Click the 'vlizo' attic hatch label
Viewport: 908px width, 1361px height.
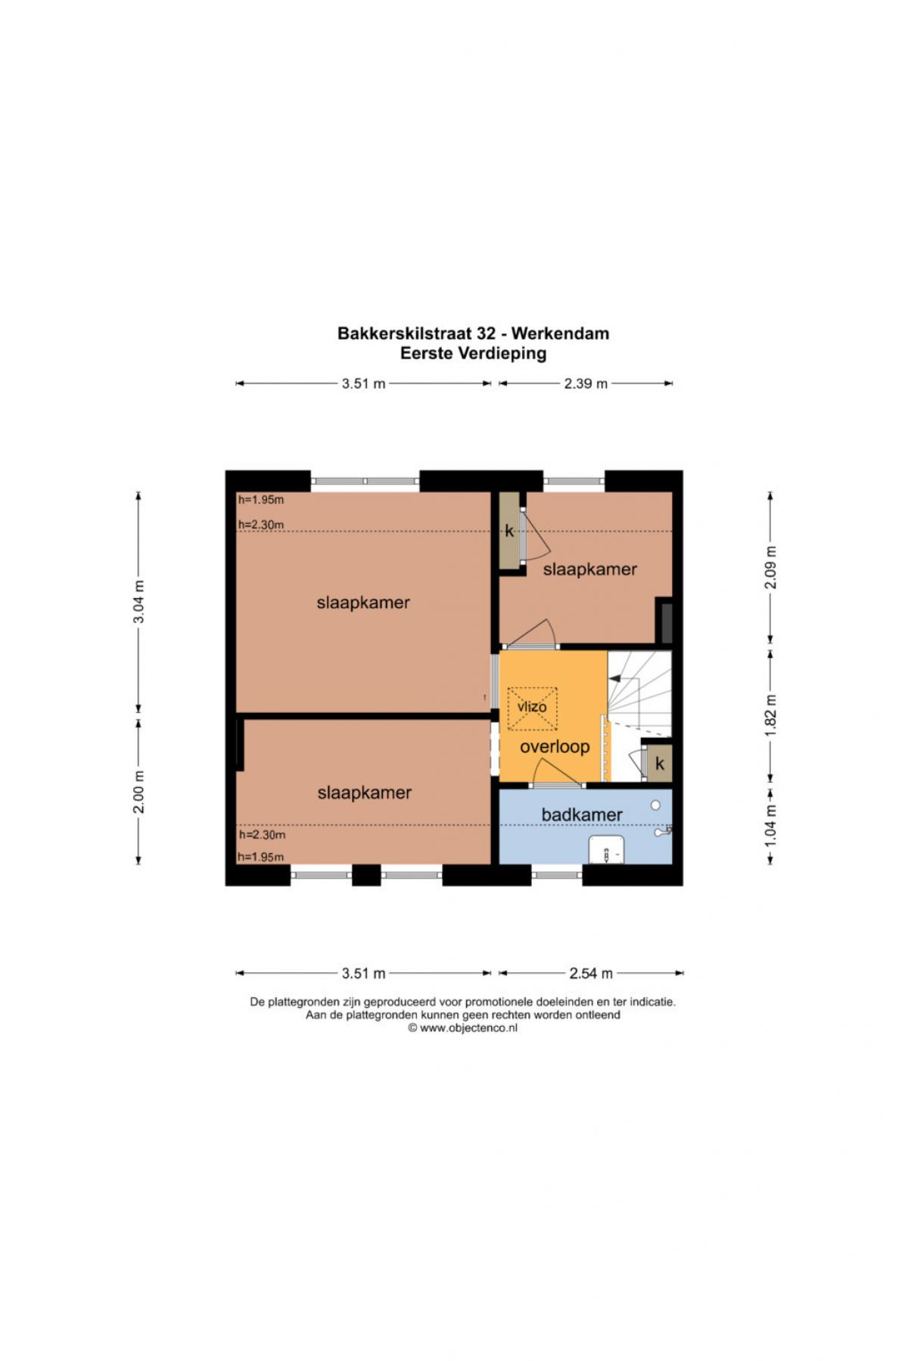click(x=532, y=707)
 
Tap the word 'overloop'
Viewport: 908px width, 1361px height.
click(x=555, y=747)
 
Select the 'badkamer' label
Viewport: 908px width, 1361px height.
click(x=582, y=814)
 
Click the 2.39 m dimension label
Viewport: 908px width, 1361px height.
click(x=586, y=383)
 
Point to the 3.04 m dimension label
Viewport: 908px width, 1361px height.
click(x=138, y=603)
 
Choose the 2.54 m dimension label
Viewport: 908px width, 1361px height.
click(x=591, y=973)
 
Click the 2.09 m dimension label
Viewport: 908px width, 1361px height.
click(x=770, y=567)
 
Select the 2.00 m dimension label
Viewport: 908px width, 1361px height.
click(x=138, y=792)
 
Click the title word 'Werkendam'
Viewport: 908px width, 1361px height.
click(x=561, y=333)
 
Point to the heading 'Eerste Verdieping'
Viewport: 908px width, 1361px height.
click(x=473, y=353)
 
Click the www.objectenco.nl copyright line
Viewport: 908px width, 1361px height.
click(x=463, y=1028)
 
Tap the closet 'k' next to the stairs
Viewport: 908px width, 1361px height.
click(x=660, y=764)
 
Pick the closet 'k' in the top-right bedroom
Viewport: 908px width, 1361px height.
click(x=509, y=530)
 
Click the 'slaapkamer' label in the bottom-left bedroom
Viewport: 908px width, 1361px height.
click(x=365, y=792)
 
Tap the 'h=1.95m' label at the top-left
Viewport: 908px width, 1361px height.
click(x=261, y=500)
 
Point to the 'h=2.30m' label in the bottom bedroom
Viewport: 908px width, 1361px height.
click(x=262, y=835)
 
